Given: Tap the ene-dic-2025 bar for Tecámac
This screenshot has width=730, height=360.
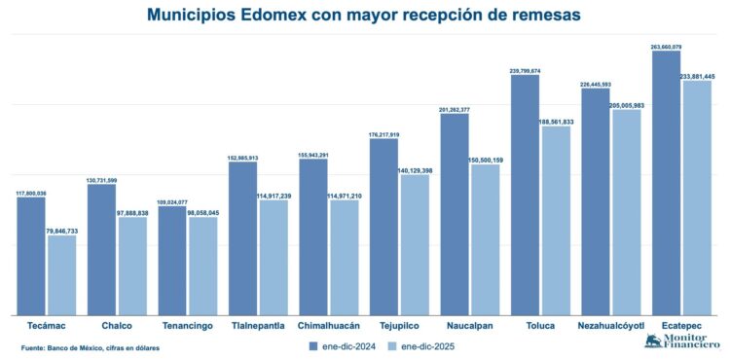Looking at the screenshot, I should (61, 274).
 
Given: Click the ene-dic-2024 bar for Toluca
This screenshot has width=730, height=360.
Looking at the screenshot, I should (525, 195).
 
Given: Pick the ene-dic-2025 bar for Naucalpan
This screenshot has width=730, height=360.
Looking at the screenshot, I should (485, 238).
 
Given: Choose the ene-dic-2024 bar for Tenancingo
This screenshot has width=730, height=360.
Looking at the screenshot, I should (171, 260).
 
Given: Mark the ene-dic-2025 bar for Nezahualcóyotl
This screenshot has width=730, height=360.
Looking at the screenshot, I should (626, 211).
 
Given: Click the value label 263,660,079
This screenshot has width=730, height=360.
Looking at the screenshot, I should (666, 46).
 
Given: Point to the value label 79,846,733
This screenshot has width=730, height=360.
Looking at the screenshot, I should (61, 232).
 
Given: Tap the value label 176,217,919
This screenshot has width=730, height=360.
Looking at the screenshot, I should (383, 134).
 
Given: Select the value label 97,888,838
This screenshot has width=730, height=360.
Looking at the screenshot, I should (132, 212).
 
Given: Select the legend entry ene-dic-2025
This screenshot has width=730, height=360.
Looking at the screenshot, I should (420, 345).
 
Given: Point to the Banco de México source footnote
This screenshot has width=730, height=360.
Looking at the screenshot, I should (90, 347).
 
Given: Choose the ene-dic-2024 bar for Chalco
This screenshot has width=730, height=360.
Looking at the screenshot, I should (101, 249).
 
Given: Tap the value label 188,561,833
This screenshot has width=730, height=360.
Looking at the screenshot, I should (556, 122).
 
